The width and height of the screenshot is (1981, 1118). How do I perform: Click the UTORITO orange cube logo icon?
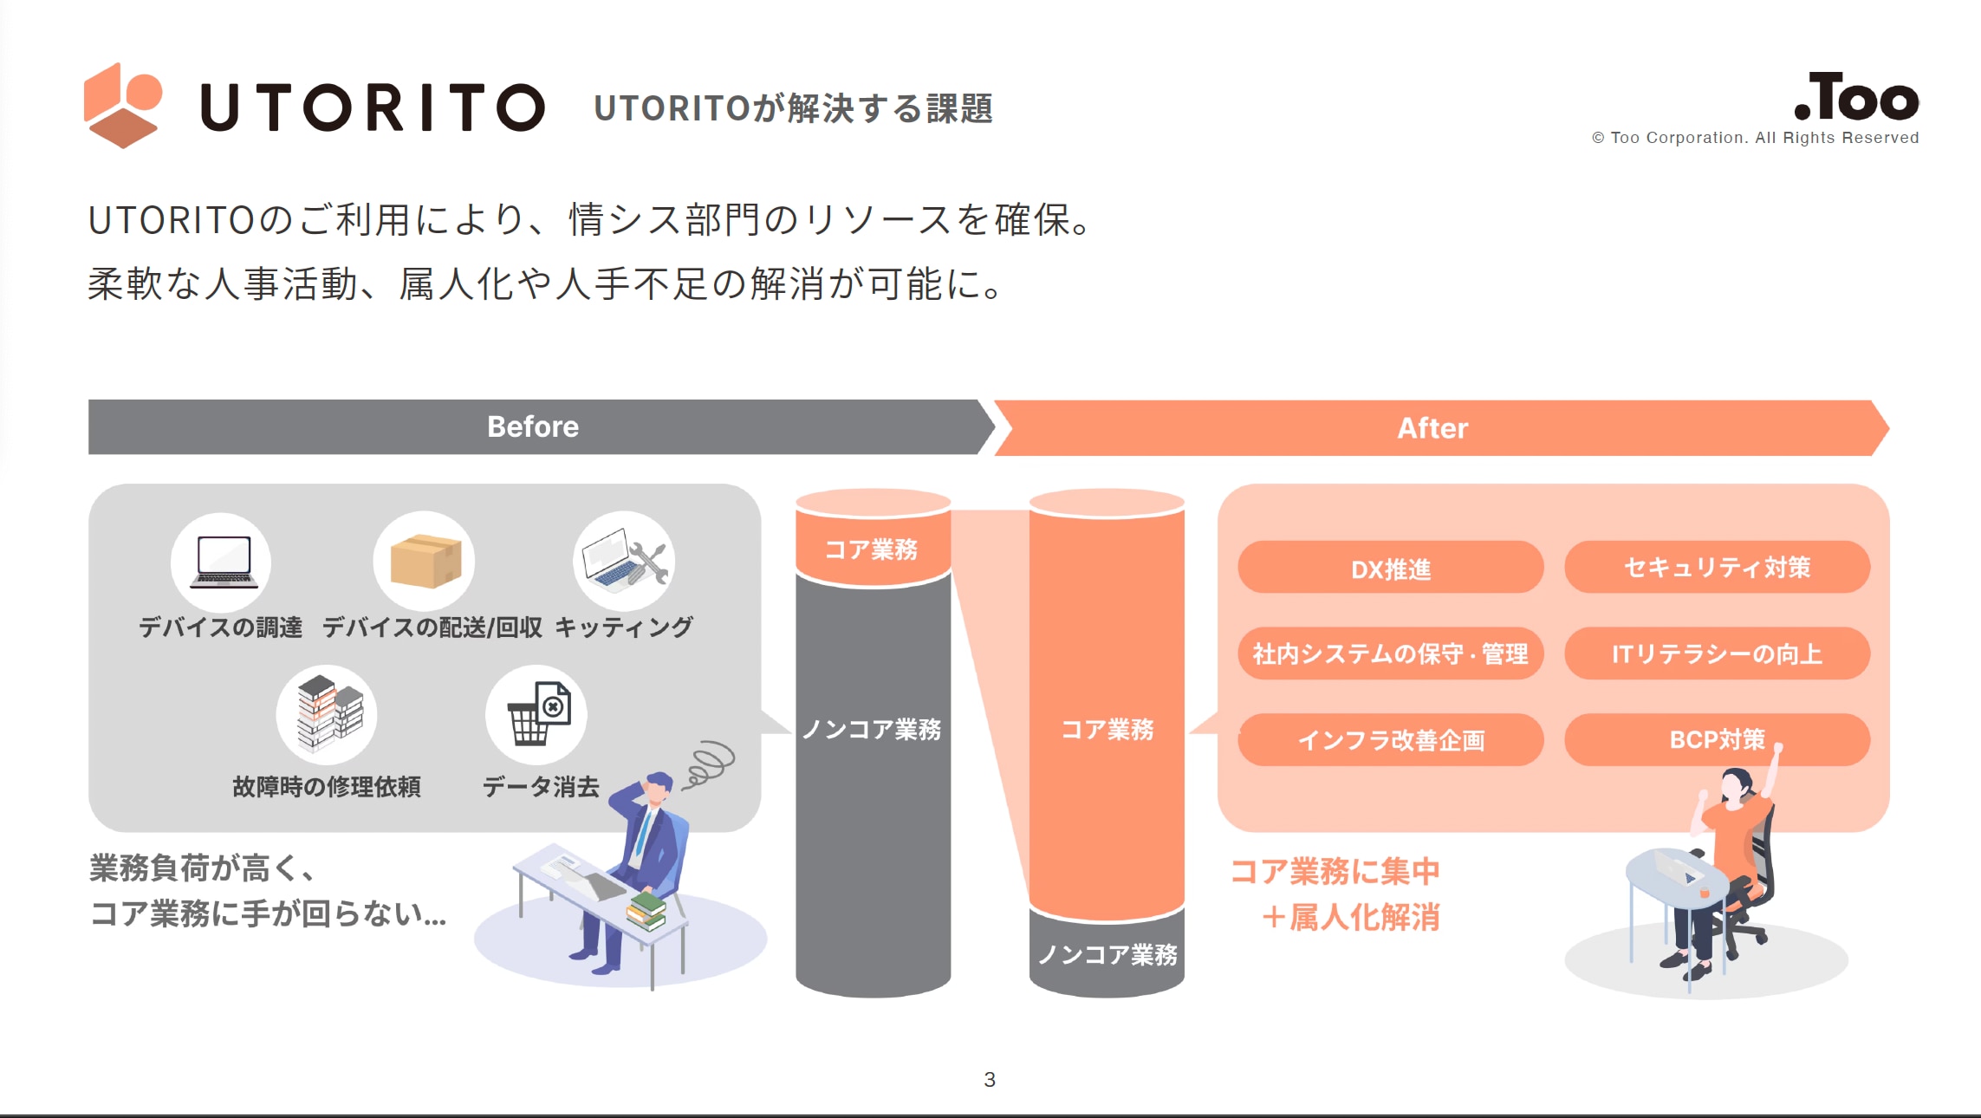pyautogui.click(x=123, y=106)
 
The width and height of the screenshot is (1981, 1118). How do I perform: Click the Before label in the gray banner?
pyautogui.click(x=533, y=426)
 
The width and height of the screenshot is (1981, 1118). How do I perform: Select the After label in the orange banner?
pyautogui.click(x=1432, y=428)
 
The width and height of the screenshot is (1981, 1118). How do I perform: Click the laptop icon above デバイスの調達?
pyautogui.click(x=222, y=562)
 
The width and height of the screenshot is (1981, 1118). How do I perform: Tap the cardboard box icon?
pyautogui.click(x=425, y=561)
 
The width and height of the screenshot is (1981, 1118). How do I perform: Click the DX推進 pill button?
pyautogui.click(x=1390, y=568)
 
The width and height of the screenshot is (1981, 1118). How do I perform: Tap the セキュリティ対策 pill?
pyautogui.click(x=1717, y=568)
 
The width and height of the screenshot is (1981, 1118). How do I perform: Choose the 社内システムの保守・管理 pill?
pyautogui.click(x=1390, y=653)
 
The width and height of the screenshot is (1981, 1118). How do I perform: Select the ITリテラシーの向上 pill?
pyautogui.click(x=1717, y=653)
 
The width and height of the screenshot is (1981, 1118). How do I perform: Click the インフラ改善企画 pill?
pyautogui.click(x=1390, y=739)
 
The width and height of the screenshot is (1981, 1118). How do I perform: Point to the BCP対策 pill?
pyautogui.click(x=1717, y=739)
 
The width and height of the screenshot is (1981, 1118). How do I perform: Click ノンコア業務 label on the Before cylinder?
pyautogui.click(x=872, y=729)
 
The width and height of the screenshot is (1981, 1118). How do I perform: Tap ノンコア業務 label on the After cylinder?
pyautogui.click(x=1107, y=954)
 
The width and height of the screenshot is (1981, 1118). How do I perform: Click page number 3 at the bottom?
pyautogui.click(x=990, y=1079)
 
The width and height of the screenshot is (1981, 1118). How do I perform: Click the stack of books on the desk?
pyautogui.click(x=646, y=911)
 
